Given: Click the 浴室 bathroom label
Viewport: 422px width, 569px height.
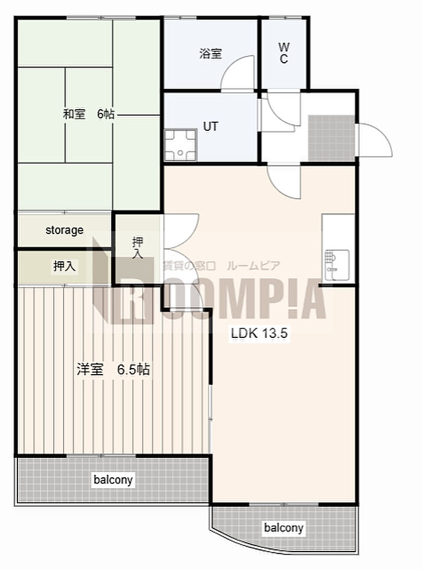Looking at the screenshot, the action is [210, 54].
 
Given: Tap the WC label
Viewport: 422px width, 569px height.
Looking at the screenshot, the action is [284, 53].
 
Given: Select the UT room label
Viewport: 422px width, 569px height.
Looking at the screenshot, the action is [210, 126].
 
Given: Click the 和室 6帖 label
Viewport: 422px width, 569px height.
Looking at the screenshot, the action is [89, 114].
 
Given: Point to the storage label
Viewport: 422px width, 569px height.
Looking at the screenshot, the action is [65, 230].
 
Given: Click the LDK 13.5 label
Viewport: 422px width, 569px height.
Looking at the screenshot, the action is [259, 332].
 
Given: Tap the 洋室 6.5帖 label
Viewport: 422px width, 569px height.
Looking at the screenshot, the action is [113, 369].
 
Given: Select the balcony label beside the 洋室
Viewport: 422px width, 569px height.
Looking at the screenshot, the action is [113, 479].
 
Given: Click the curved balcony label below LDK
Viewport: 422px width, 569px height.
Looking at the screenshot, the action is [283, 527].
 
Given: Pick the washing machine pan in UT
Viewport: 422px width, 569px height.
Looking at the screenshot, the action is [180, 145].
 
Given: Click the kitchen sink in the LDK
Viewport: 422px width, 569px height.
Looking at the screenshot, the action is [337, 265].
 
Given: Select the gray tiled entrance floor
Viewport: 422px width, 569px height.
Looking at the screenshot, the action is [332, 138].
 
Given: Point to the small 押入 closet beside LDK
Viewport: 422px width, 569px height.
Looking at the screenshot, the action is [137, 248].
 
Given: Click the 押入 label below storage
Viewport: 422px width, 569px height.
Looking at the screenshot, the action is [64, 266].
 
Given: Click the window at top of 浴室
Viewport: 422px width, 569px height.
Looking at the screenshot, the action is [180, 17].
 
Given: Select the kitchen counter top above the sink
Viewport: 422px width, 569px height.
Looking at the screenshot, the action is [338, 232].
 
